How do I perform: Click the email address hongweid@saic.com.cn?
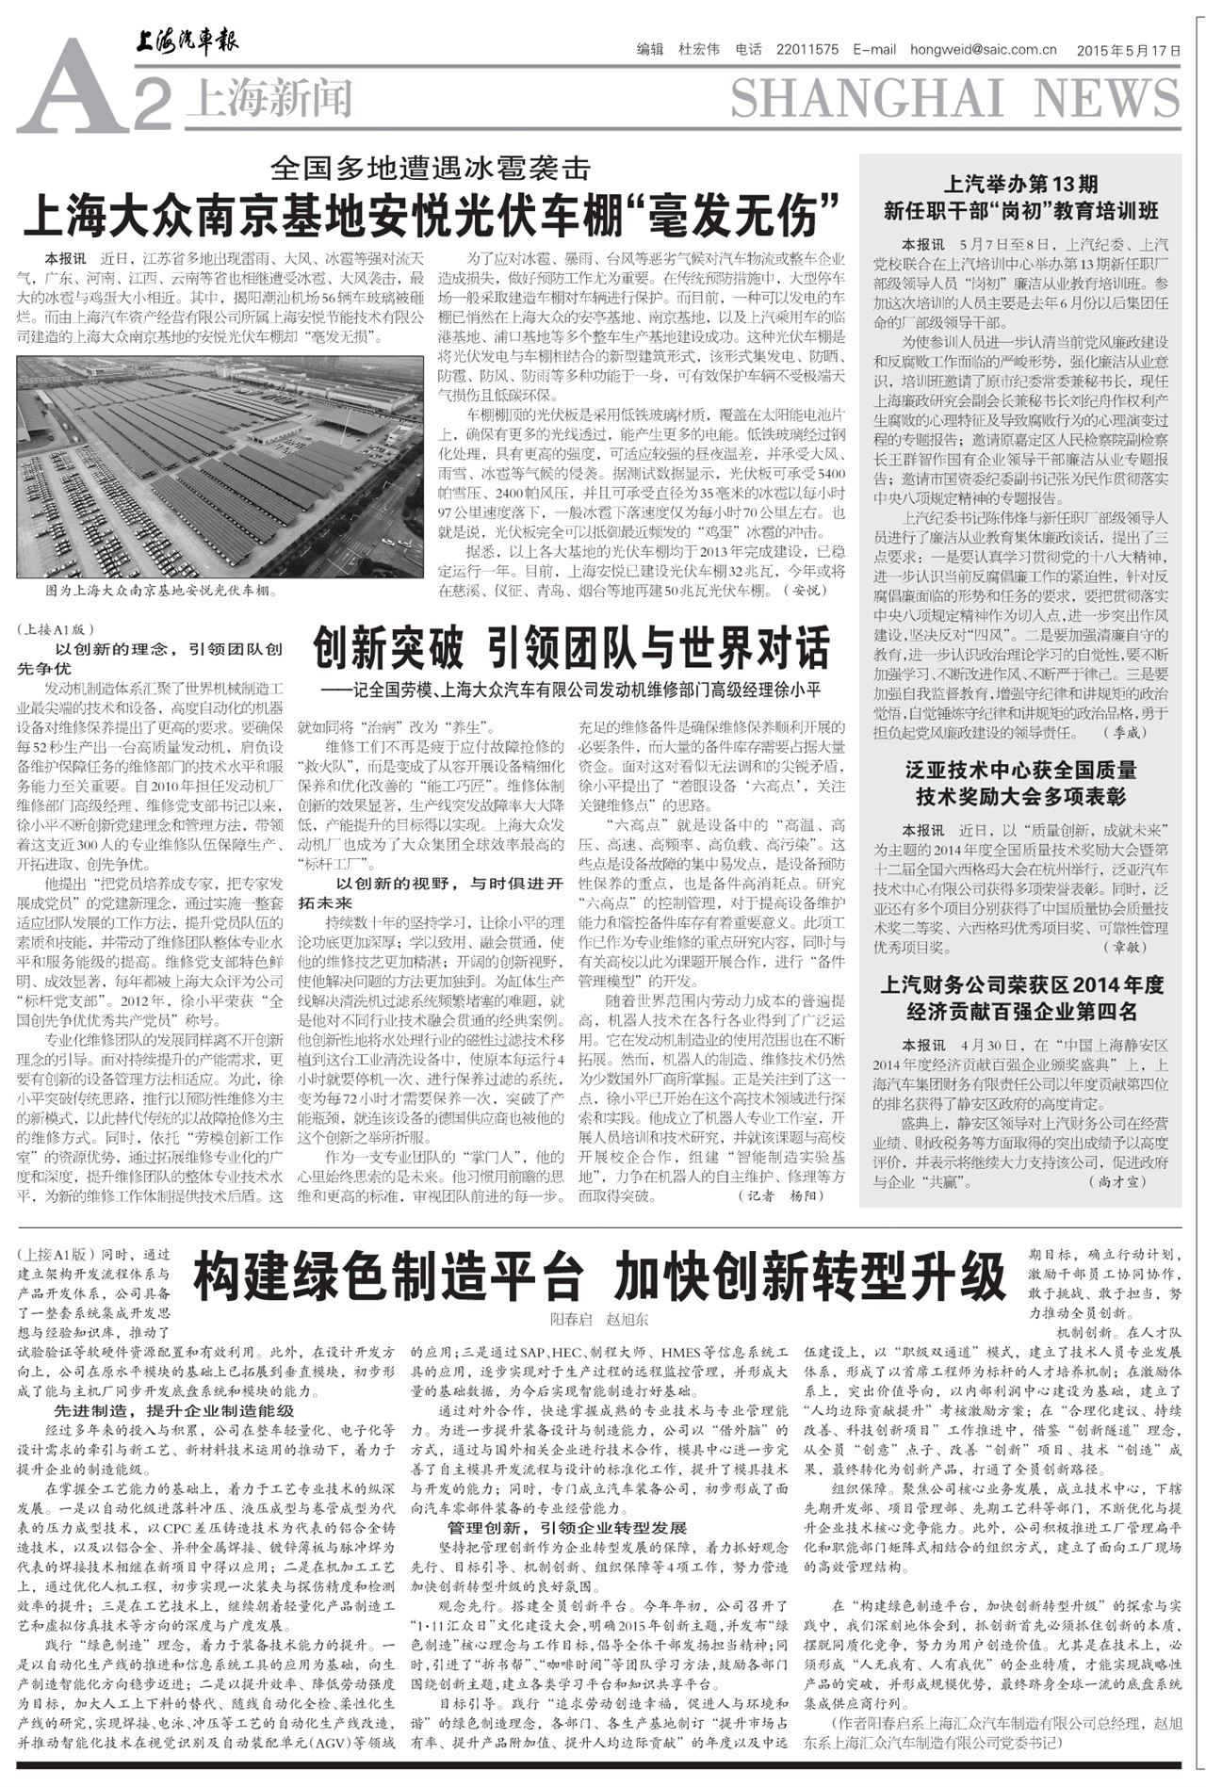pos(983,51)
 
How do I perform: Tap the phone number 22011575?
pos(807,51)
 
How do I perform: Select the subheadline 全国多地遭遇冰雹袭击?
pos(430,169)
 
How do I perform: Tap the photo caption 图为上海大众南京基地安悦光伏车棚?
pos(160,592)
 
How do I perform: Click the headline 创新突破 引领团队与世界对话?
pos(571,650)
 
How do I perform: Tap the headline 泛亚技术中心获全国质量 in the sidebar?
pos(1020,771)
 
